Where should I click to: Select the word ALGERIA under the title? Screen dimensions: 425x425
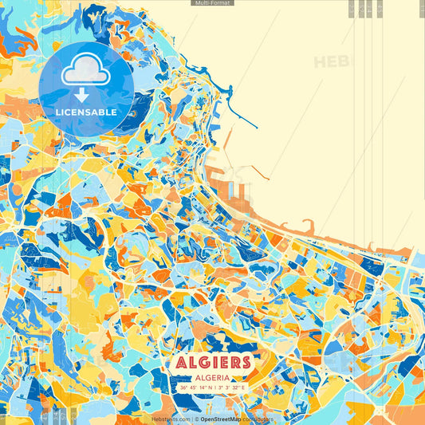(212, 377)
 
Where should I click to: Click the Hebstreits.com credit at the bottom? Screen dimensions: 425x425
(169, 418)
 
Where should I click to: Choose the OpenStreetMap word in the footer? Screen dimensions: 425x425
(221, 418)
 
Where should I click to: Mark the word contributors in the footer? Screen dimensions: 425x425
(258, 418)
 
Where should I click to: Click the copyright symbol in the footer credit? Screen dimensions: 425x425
(195, 418)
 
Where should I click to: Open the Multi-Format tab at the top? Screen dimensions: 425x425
(212, 3)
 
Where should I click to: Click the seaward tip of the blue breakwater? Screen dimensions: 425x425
(257, 127)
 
